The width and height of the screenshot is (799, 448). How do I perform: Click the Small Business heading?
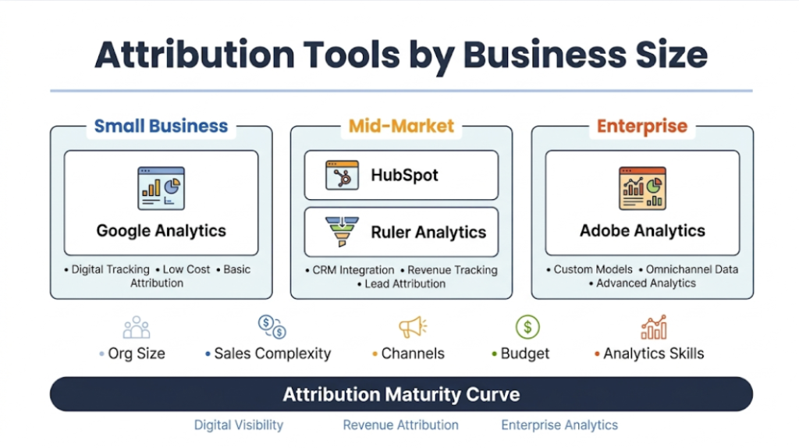tap(161, 126)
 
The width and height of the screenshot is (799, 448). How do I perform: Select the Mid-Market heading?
tap(401, 126)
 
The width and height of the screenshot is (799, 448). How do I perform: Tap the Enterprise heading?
tap(641, 126)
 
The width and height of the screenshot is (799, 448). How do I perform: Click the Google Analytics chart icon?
tap(161, 188)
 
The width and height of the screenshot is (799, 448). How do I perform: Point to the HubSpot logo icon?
tap(342, 175)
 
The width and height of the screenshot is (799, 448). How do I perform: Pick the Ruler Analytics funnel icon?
tap(342, 232)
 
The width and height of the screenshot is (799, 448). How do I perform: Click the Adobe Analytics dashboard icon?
tap(641, 188)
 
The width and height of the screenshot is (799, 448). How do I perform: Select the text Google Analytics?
tap(161, 231)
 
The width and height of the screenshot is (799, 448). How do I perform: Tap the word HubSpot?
tap(404, 175)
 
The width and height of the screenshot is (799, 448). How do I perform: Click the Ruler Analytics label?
tap(428, 233)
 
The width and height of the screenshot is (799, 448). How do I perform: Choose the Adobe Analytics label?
tap(641, 231)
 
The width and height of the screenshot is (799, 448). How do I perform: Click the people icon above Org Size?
tap(136, 327)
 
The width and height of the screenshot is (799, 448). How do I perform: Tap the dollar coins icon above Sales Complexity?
tap(272, 326)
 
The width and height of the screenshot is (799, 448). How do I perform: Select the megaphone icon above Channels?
tap(412, 326)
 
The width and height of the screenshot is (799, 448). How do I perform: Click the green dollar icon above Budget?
tap(527, 326)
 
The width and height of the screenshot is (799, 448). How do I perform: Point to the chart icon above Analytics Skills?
tap(653, 326)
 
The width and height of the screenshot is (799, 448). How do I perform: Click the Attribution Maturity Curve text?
tap(401, 394)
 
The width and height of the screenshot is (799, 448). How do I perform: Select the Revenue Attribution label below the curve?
tap(401, 425)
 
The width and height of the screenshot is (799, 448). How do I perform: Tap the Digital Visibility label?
tap(239, 425)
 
